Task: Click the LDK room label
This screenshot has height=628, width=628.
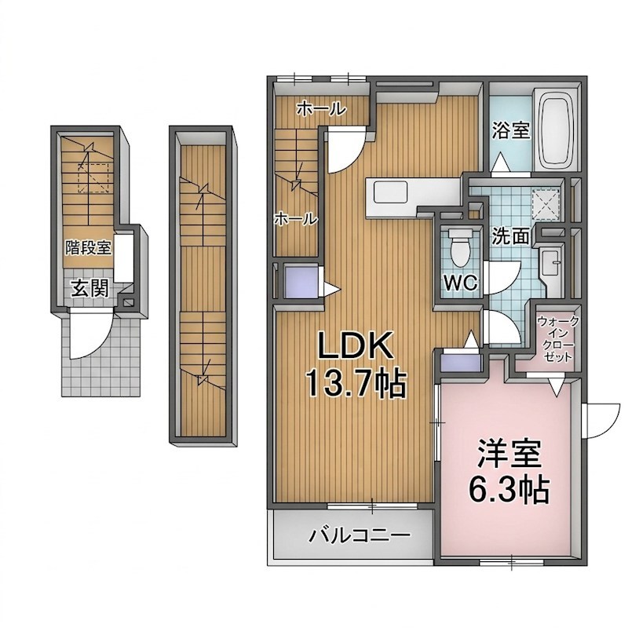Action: tap(355, 345)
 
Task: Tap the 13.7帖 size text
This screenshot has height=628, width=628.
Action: tap(356, 383)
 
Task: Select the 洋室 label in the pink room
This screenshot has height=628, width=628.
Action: tap(509, 454)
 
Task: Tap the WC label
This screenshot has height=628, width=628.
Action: tap(461, 283)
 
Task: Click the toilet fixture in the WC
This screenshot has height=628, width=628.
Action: tap(459, 247)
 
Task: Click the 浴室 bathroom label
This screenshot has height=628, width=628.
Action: tap(511, 130)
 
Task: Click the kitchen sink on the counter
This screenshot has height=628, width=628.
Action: tap(390, 192)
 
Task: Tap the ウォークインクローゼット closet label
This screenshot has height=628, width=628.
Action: tap(558, 339)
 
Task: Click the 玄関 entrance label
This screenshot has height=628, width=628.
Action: tap(90, 288)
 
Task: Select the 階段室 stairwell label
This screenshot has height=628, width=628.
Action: tap(89, 247)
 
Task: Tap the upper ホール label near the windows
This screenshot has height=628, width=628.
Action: tap(321, 108)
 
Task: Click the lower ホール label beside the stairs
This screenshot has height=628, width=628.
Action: tap(296, 219)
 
